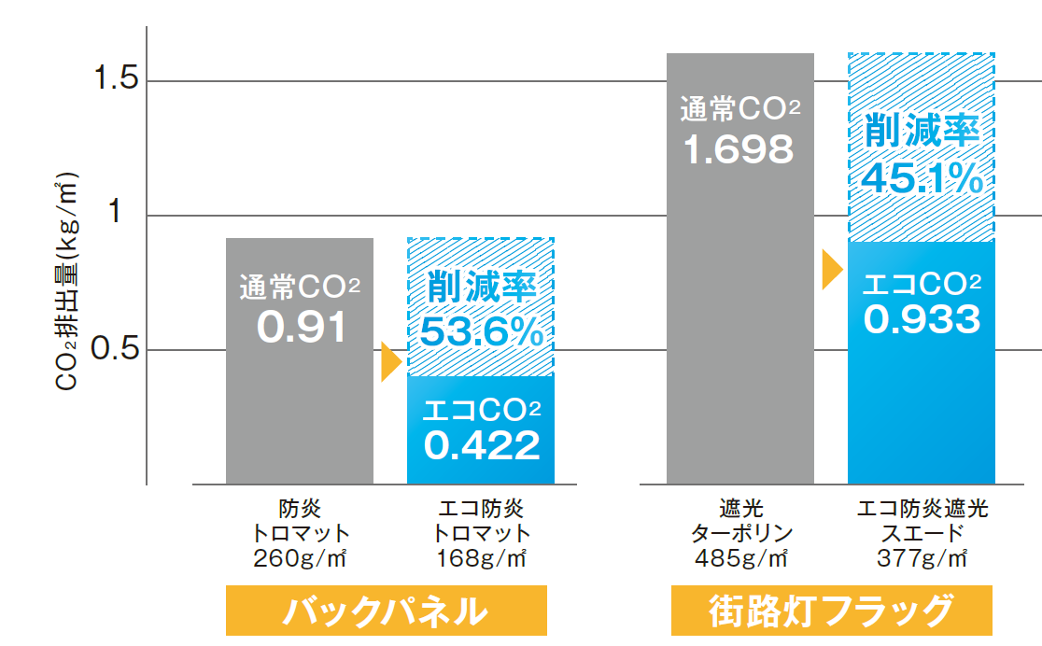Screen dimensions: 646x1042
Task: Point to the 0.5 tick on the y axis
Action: [x=118, y=350]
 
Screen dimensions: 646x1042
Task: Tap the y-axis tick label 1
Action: [x=118, y=214]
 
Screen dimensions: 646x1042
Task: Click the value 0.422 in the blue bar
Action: [x=482, y=444]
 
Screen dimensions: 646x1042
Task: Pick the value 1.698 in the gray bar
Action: [x=739, y=148]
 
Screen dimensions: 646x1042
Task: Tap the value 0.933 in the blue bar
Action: [x=922, y=319]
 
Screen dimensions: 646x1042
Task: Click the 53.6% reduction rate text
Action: [x=482, y=332]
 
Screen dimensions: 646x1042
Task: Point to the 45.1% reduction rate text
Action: [x=922, y=176]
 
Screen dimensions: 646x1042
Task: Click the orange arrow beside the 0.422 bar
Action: [x=390, y=362]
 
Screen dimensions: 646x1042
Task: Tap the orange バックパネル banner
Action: [x=386, y=612]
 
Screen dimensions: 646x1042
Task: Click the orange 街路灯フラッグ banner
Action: [x=831, y=612]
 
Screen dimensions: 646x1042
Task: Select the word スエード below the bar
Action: [x=922, y=534]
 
